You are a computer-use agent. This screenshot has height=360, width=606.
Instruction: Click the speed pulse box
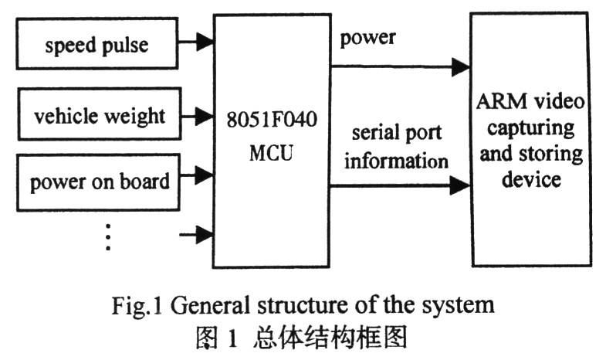point(96,44)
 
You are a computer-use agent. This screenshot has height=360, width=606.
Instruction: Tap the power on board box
point(99,182)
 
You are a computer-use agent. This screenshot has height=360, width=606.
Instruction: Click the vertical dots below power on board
point(108,236)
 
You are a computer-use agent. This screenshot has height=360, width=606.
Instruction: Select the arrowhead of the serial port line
point(460,185)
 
